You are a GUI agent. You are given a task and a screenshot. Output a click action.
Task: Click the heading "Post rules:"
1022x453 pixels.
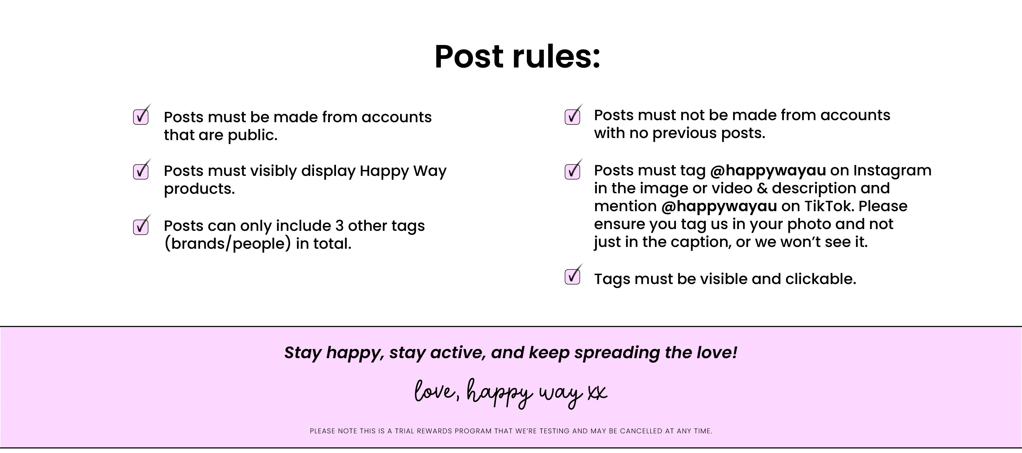(x=517, y=56)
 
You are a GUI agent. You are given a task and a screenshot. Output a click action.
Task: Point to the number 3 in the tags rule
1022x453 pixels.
(x=340, y=225)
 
